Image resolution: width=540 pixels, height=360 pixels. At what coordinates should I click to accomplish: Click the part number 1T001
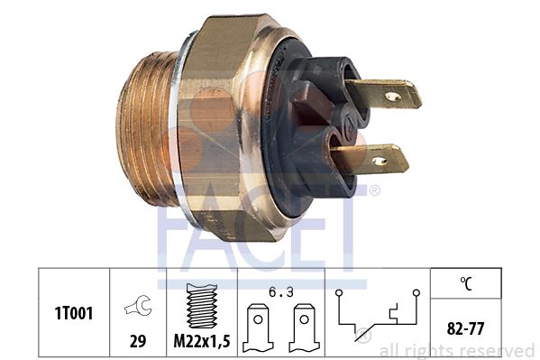point(74,313)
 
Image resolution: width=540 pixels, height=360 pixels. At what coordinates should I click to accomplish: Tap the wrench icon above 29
point(138,306)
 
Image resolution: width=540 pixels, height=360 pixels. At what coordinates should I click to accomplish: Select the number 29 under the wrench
point(138,341)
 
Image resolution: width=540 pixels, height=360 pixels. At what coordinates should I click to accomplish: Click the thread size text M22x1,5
point(202,341)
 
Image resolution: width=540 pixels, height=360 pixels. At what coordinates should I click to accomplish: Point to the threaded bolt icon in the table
point(202,306)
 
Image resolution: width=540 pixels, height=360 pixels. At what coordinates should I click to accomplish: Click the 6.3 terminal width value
point(281,292)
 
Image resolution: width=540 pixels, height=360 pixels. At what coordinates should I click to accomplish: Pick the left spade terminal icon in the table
point(258,328)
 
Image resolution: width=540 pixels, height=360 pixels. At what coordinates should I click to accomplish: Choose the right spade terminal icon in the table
point(304,328)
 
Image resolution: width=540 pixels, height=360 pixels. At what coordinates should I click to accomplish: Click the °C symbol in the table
point(466,283)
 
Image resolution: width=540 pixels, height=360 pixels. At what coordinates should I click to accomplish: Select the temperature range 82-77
point(465,328)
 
